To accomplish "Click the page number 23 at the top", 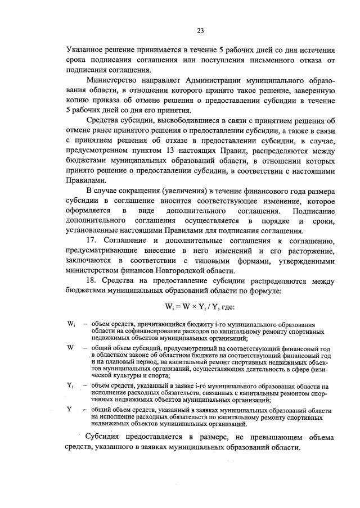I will (200, 30).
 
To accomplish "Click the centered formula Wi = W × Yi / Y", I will (200, 309).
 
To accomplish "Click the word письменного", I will (273, 61).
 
